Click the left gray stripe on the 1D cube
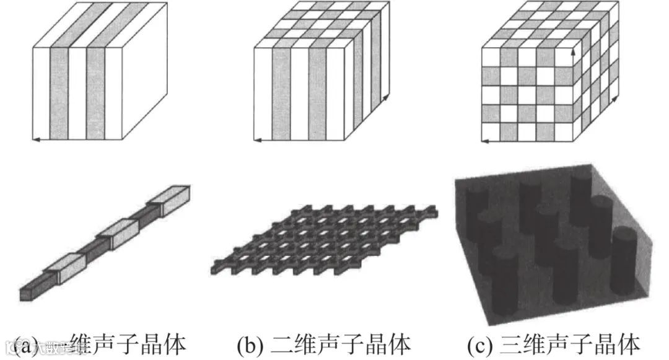click(x=58, y=93)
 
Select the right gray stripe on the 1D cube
click(x=95, y=93)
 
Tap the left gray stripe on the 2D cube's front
click(x=281, y=93)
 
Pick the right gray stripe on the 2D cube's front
click(x=317, y=93)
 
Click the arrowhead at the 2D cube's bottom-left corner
click(x=256, y=141)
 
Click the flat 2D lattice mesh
click(x=325, y=239)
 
